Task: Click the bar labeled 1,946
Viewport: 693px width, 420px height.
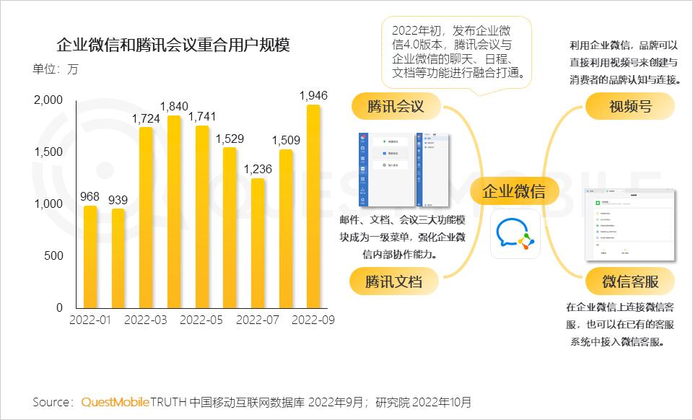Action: tap(313, 209)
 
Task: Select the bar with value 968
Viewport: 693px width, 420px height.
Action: tap(90, 257)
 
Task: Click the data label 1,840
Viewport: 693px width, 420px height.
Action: tap(173, 105)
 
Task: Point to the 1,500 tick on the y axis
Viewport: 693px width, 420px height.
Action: tap(49, 152)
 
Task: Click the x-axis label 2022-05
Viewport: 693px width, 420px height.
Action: tap(201, 320)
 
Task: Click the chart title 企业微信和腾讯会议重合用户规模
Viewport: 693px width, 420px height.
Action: tap(173, 45)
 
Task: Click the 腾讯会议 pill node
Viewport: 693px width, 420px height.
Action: tap(395, 107)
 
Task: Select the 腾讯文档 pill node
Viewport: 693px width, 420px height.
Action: tap(393, 281)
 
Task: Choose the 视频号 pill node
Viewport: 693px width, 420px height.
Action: tap(630, 107)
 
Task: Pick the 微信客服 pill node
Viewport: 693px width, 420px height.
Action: tap(629, 281)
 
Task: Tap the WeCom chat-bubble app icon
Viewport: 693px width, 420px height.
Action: tap(515, 234)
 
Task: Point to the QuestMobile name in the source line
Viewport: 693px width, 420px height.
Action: tap(115, 402)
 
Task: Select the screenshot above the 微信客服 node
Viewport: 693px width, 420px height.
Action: tap(629, 225)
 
